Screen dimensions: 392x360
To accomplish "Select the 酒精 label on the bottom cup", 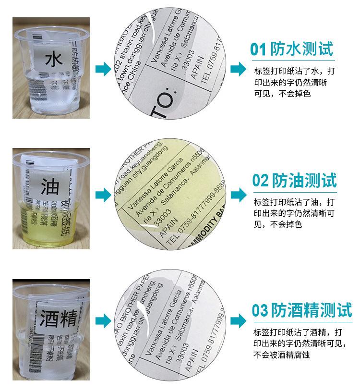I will point(56,318).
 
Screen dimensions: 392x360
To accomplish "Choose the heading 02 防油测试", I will point(294,181).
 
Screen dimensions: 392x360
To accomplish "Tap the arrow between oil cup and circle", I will point(103,195).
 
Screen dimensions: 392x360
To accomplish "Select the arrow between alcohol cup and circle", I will point(103,320).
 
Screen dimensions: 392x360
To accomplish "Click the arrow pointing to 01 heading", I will point(238,69).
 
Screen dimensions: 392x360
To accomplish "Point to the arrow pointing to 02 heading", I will point(238,195).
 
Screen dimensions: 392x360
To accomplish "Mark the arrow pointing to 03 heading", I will point(238,320).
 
